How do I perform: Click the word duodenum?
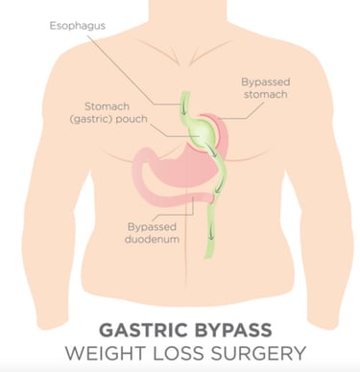pyautogui.click(x=154, y=239)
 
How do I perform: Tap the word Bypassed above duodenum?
pyautogui.click(x=154, y=225)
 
